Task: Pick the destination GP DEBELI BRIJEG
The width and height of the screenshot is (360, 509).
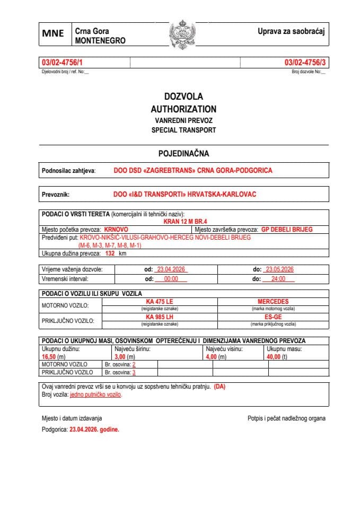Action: (x=287, y=230)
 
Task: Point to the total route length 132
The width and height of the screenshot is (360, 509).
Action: (x=110, y=254)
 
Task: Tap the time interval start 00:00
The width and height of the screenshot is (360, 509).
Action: (x=171, y=279)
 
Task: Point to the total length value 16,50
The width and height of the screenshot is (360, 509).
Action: (x=49, y=357)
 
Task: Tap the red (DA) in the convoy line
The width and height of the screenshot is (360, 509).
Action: (x=219, y=387)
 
